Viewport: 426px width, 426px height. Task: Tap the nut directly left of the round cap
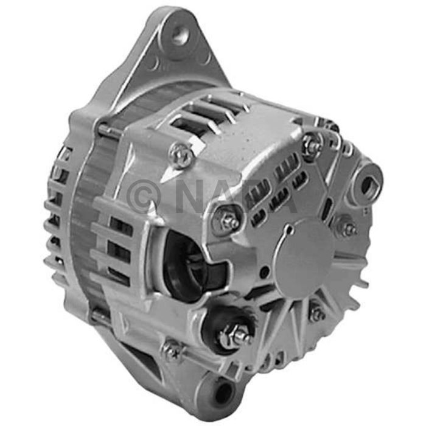(229, 222)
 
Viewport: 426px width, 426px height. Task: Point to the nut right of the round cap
(349, 229)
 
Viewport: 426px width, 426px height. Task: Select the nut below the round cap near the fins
(316, 313)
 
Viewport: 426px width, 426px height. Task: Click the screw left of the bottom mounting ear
(172, 350)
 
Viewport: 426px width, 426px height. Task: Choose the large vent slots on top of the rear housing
(207, 116)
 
